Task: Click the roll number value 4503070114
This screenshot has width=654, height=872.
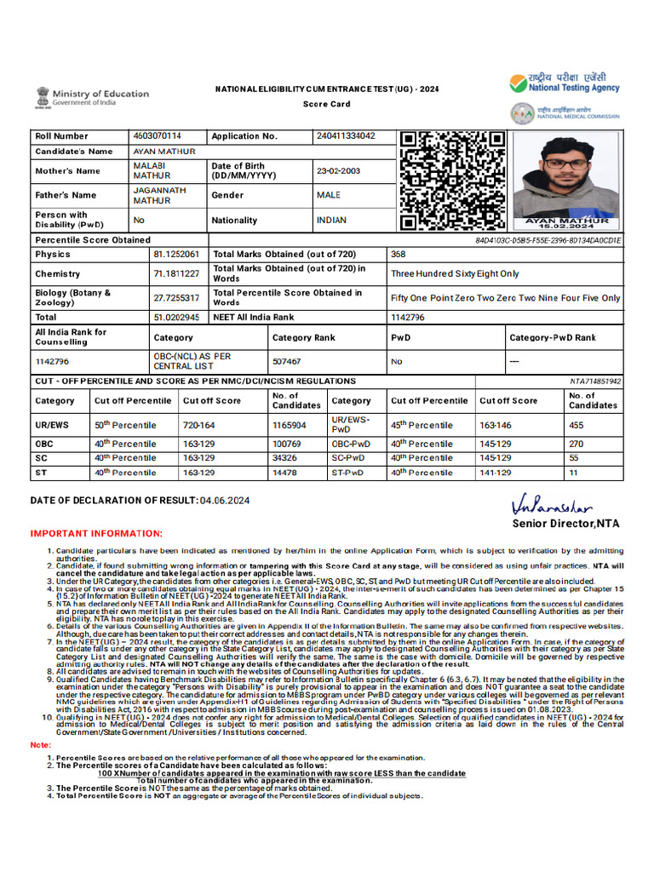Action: (x=158, y=136)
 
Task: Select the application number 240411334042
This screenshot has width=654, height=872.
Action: (x=345, y=136)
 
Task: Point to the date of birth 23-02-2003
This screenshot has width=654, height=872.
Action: (x=338, y=171)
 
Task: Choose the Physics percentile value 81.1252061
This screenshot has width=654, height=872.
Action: (x=176, y=255)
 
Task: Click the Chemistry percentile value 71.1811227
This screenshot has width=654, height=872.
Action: (x=176, y=273)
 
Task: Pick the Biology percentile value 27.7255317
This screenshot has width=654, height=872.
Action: (x=176, y=297)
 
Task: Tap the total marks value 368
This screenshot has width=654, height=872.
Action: (x=399, y=255)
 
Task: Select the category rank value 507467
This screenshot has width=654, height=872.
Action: (x=287, y=361)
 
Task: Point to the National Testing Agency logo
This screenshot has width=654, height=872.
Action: (x=565, y=83)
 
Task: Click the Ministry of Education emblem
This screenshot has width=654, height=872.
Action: (x=42, y=97)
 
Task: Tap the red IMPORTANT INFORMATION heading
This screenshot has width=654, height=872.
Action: (x=96, y=534)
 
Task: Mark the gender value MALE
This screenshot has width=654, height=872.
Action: (x=329, y=195)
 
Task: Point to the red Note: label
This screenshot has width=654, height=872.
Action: (x=41, y=745)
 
